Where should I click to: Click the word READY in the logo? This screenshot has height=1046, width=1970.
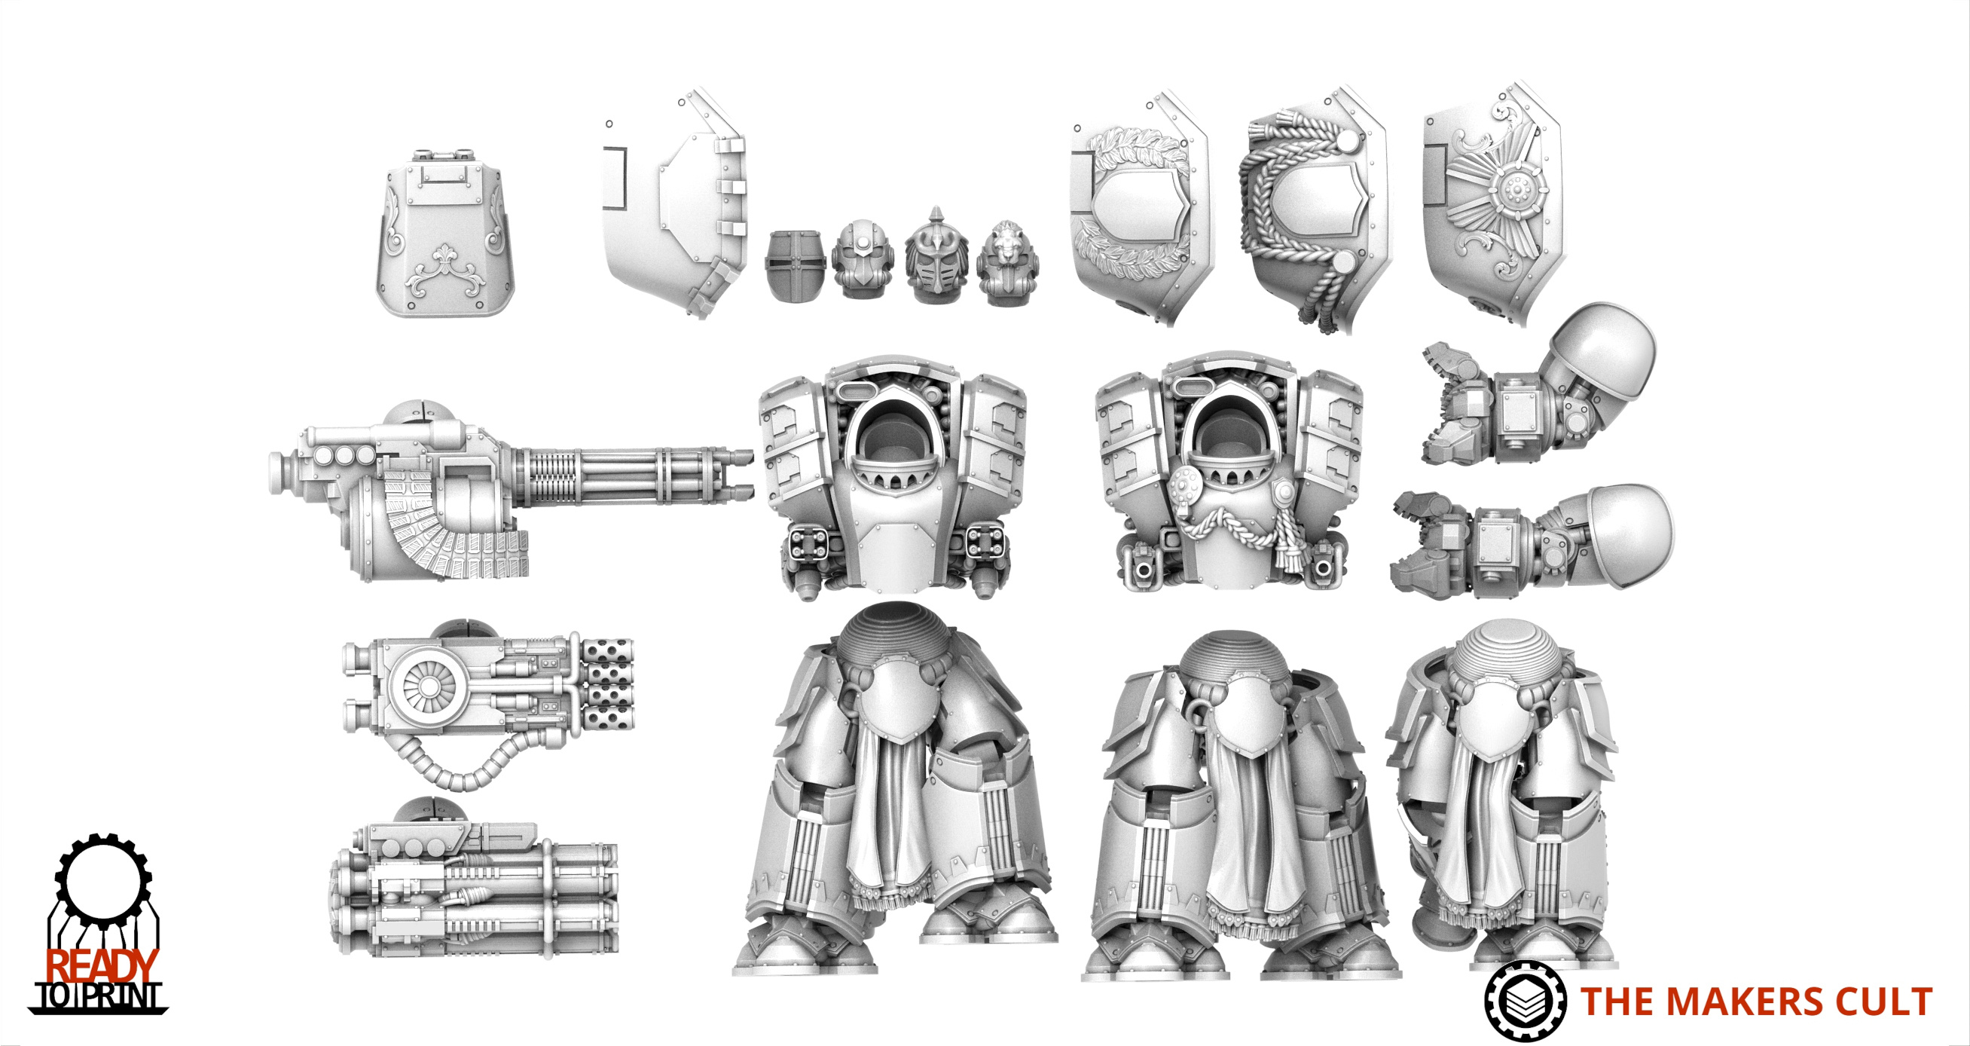(102, 966)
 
